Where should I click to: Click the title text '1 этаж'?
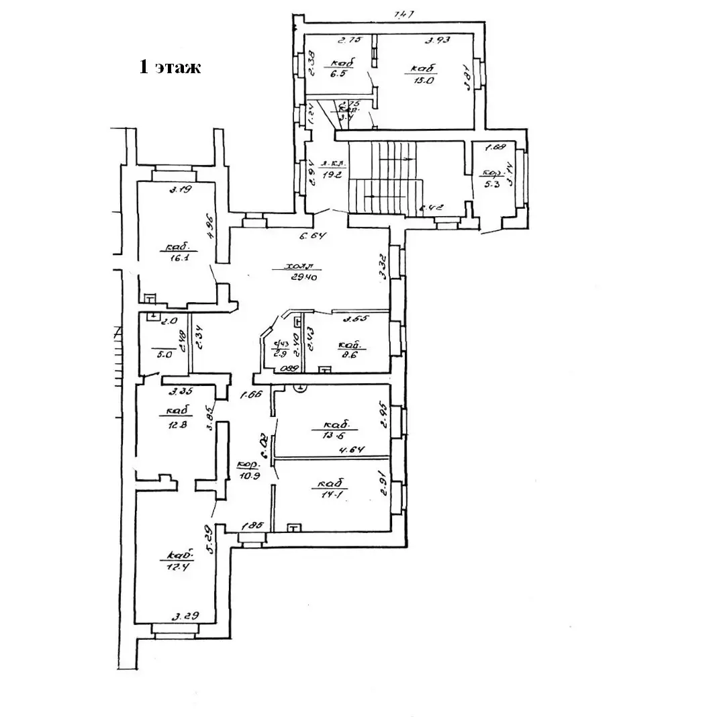[170, 67]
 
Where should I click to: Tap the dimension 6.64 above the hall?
[309, 236]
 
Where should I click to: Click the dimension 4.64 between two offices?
[351, 450]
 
